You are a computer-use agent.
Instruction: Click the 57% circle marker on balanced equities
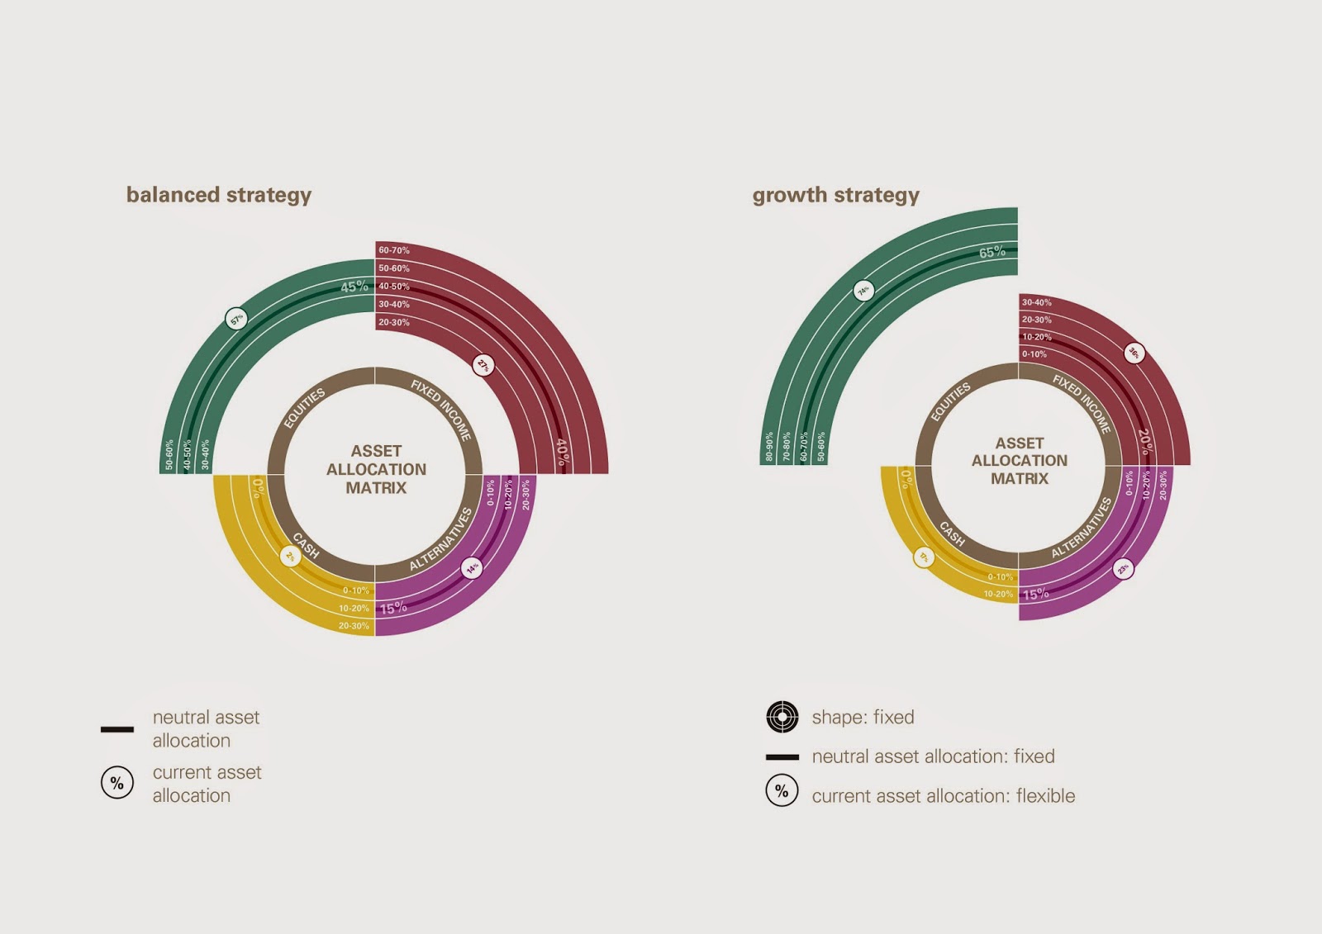[x=236, y=319]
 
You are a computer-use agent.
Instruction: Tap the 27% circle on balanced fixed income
[x=483, y=364]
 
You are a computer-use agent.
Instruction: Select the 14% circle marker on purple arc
[x=472, y=568]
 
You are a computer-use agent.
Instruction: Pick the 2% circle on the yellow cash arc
[x=290, y=557]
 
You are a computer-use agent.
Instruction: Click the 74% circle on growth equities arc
[x=863, y=291]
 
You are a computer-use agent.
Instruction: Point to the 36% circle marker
[x=1134, y=353]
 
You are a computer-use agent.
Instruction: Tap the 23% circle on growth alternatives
[x=1123, y=568]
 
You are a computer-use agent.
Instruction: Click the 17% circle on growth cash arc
[x=924, y=557]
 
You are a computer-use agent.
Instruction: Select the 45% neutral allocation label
[x=354, y=287]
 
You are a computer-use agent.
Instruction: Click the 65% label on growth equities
[x=992, y=252]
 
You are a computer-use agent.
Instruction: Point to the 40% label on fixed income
[x=562, y=452]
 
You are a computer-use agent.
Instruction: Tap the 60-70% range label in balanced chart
[x=394, y=250]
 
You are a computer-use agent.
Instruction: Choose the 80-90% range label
[x=769, y=446]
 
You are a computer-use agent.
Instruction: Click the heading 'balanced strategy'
[x=219, y=195]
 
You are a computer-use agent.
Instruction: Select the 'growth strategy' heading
[x=835, y=195]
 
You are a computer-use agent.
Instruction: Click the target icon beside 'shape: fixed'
[x=782, y=717]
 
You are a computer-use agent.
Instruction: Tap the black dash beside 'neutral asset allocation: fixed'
[x=782, y=756]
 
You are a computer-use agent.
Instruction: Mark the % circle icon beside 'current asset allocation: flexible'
[x=782, y=791]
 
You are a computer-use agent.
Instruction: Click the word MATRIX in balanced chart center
[x=376, y=488]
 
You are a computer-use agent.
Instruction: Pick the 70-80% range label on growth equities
[x=787, y=446]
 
